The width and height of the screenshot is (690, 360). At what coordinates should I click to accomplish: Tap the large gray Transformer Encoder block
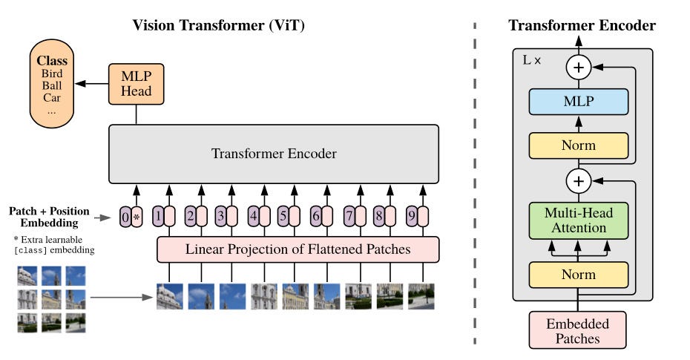(274, 154)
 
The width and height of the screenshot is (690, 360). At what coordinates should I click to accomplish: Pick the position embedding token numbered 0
(125, 217)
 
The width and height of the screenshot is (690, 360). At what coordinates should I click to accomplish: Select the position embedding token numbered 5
(283, 217)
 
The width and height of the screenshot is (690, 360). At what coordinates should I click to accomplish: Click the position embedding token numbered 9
(411, 217)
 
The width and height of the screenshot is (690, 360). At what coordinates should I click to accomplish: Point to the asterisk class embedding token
(137, 217)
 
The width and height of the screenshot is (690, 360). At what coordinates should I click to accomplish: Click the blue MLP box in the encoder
(579, 102)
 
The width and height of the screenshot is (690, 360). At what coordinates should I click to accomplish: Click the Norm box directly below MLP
(579, 145)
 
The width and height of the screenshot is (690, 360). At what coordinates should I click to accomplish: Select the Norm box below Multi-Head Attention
(579, 275)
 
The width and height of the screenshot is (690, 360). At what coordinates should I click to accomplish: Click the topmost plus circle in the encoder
(579, 68)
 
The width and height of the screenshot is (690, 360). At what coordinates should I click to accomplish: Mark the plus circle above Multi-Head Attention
(579, 180)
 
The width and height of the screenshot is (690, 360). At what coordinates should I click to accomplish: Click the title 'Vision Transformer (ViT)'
(218, 25)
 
